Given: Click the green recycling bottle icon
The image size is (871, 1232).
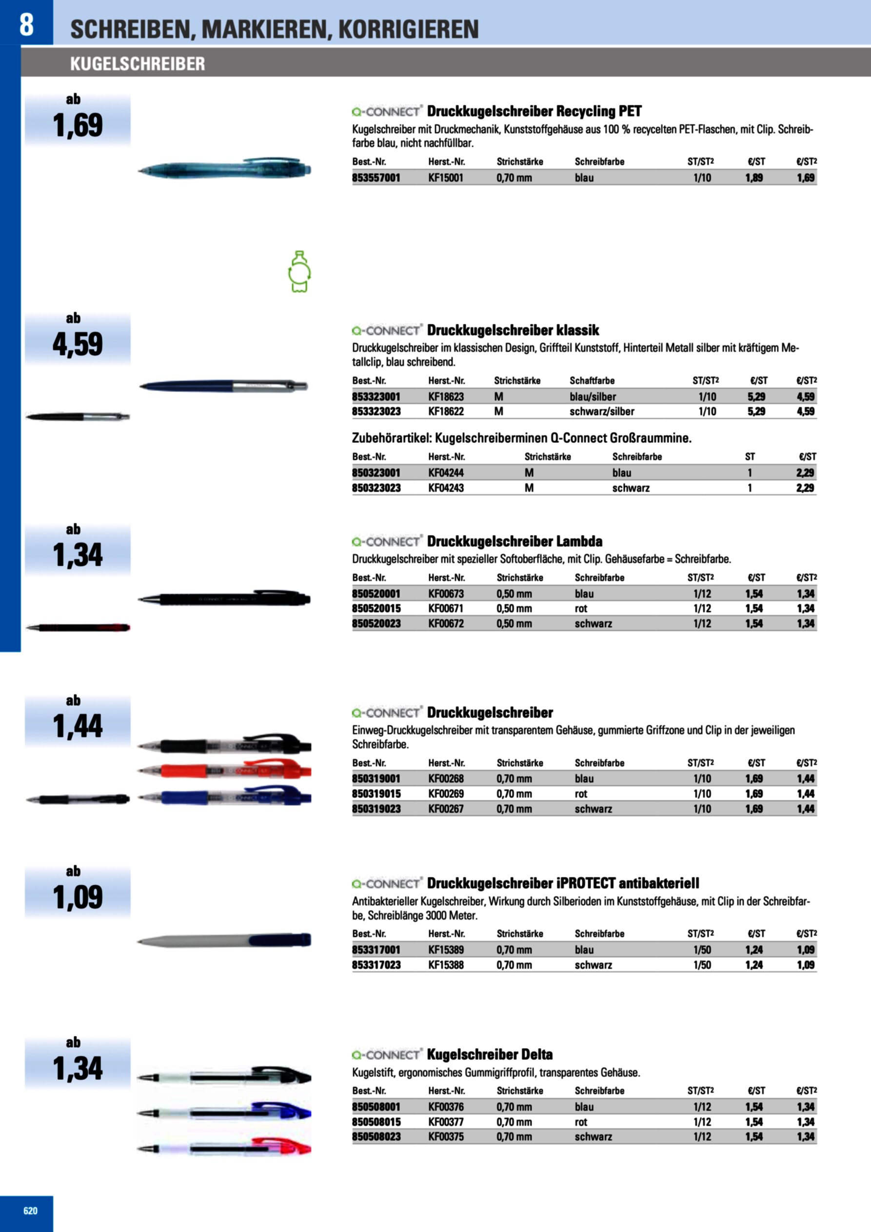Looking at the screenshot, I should (x=299, y=272).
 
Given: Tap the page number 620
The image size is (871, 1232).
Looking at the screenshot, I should (x=31, y=1211).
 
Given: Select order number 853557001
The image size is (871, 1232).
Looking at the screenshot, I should (x=376, y=178).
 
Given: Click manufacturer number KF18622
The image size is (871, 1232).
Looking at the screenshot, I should (x=446, y=412).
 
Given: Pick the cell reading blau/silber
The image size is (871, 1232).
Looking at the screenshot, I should (x=593, y=397).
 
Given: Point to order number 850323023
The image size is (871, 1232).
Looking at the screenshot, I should (x=376, y=488).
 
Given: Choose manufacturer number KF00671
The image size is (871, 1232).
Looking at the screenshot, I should (x=445, y=609).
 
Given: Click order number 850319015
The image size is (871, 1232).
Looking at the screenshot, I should (x=376, y=794).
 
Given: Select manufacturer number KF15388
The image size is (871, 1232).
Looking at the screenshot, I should (x=446, y=965).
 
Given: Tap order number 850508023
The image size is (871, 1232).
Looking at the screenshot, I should (x=376, y=1136).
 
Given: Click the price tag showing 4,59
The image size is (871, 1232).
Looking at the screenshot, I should (x=78, y=344).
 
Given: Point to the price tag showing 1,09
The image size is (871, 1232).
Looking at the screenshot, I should (x=78, y=897).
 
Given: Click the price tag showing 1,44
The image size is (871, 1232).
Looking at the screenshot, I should (x=78, y=727).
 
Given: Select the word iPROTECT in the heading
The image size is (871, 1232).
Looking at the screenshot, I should (x=586, y=883).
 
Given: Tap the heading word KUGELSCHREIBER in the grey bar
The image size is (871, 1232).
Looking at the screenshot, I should (x=138, y=64).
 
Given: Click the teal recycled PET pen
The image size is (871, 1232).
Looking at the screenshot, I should (x=224, y=170).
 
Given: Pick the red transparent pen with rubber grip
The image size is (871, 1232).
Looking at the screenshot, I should (x=224, y=771).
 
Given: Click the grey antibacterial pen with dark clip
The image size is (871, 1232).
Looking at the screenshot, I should (x=224, y=940).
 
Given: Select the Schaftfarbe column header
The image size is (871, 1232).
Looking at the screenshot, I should (x=592, y=381).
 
